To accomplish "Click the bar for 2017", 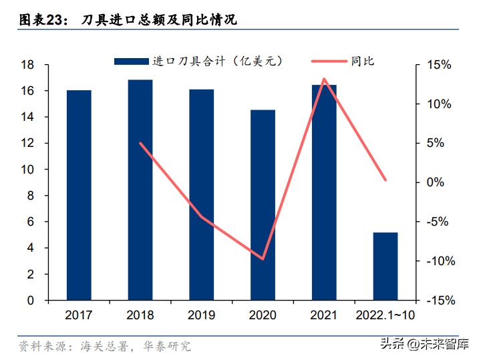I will (79, 195).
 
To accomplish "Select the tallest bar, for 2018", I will (140, 190).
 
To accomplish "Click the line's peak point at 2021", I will (324, 79).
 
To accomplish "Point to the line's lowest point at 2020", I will (263, 258).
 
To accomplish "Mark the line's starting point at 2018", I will (140, 143).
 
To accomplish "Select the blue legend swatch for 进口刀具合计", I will (131, 61).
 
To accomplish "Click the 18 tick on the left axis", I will (27, 65).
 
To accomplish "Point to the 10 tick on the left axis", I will (27, 170).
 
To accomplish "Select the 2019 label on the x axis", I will (202, 315).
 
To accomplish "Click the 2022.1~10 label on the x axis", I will (385, 315).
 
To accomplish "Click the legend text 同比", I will (363, 61).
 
